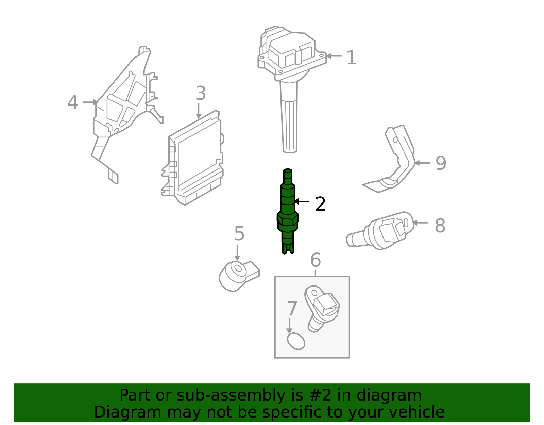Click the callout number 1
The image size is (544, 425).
(x=351, y=58)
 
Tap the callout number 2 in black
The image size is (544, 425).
(x=320, y=204)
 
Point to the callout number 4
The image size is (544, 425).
(x=72, y=103)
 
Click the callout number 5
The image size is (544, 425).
(x=239, y=234)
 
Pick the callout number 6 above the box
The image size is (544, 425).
(x=315, y=260)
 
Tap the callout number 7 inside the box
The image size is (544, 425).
(x=292, y=309)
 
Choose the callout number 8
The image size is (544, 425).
(x=440, y=226)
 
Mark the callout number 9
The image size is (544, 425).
(x=441, y=163)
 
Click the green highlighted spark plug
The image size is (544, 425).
(x=288, y=211)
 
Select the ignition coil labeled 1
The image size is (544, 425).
(x=289, y=68)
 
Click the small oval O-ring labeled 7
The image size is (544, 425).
(x=296, y=341)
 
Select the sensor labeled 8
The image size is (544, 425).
(x=384, y=231)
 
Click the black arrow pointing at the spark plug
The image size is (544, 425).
(x=302, y=201)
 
